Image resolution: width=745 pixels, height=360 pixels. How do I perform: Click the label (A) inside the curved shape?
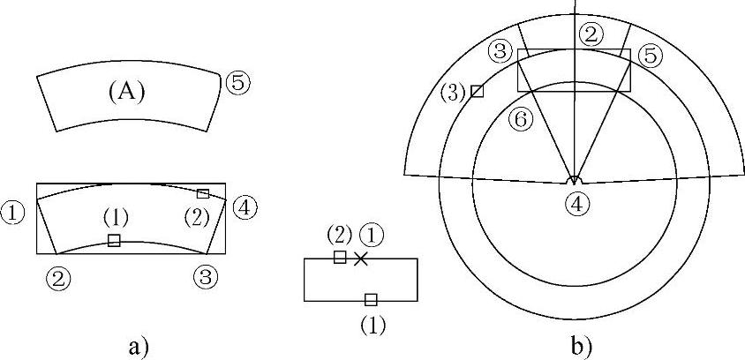click(x=125, y=91)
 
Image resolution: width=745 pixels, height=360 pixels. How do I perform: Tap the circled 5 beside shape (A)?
click(x=237, y=83)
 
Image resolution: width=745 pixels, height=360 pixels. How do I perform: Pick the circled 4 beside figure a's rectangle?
click(x=245, y=208)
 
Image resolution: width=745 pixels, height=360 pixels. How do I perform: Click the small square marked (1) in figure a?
click(x=114, y=240)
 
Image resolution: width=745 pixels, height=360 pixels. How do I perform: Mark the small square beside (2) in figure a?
click(x=203, y=193)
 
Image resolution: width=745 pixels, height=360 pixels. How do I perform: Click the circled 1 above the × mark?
click(x=374, y=236)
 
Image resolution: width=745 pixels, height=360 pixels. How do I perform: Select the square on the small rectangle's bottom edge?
click(x=371, y=299)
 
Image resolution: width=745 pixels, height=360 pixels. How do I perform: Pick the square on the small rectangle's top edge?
click(x=340, y=257)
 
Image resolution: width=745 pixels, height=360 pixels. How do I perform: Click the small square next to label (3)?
click(x=477, y=91)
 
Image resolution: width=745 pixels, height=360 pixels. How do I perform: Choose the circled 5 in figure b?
click(x=650, y=56)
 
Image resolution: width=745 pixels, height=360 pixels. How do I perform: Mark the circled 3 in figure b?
click(x=500, y=52)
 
